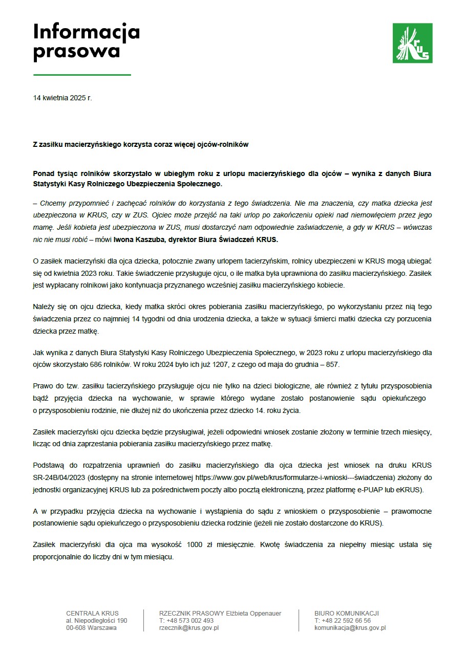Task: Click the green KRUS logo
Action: tap(412, 43)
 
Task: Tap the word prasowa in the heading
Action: tap(77, 51)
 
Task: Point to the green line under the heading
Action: tap(82, 75)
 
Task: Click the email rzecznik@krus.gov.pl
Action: tap(189, 628)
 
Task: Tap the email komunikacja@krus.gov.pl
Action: tap(350, 628)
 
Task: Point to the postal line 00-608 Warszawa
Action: tap(91, 628)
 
